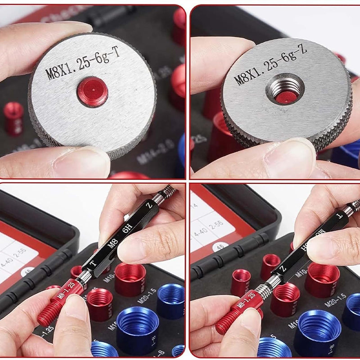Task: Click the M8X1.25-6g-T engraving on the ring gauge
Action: click(84, 65)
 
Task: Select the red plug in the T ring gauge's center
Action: click(92, 91)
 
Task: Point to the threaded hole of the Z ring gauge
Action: click(285, 89)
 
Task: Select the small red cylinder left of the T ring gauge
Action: click(13, 118)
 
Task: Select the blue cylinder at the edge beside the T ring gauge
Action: click(181, 148)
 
